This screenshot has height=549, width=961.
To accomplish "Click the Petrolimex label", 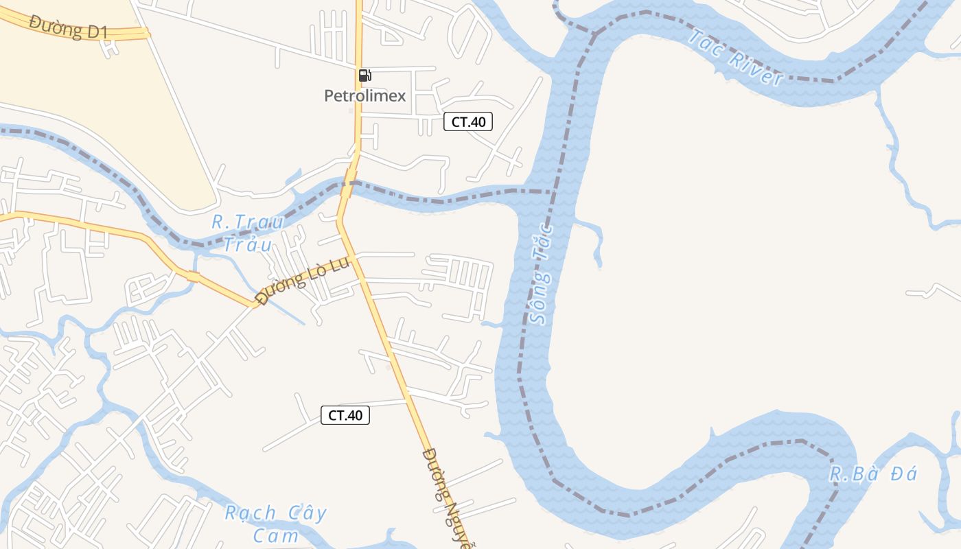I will point(364,96).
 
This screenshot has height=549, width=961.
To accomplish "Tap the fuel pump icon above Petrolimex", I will point(364,75).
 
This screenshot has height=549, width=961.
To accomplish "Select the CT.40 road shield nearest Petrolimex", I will point(467,122).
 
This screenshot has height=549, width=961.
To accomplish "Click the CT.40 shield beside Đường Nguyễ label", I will point(345,415).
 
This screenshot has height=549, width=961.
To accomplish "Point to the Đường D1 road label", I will point(69,27).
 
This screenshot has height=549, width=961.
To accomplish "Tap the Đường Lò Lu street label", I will point(302,280).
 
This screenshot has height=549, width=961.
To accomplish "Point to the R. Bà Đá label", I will point(872,474).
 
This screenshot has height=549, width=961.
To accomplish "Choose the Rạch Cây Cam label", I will point(276,524).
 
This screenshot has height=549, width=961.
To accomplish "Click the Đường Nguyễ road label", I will point(450,498).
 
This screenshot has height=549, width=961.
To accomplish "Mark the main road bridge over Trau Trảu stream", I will point(349,184).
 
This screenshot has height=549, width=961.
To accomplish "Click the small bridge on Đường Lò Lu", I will point(193,277).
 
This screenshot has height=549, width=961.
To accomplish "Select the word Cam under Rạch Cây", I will point(276,535).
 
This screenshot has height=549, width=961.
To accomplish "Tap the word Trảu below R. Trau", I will point(248,244).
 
